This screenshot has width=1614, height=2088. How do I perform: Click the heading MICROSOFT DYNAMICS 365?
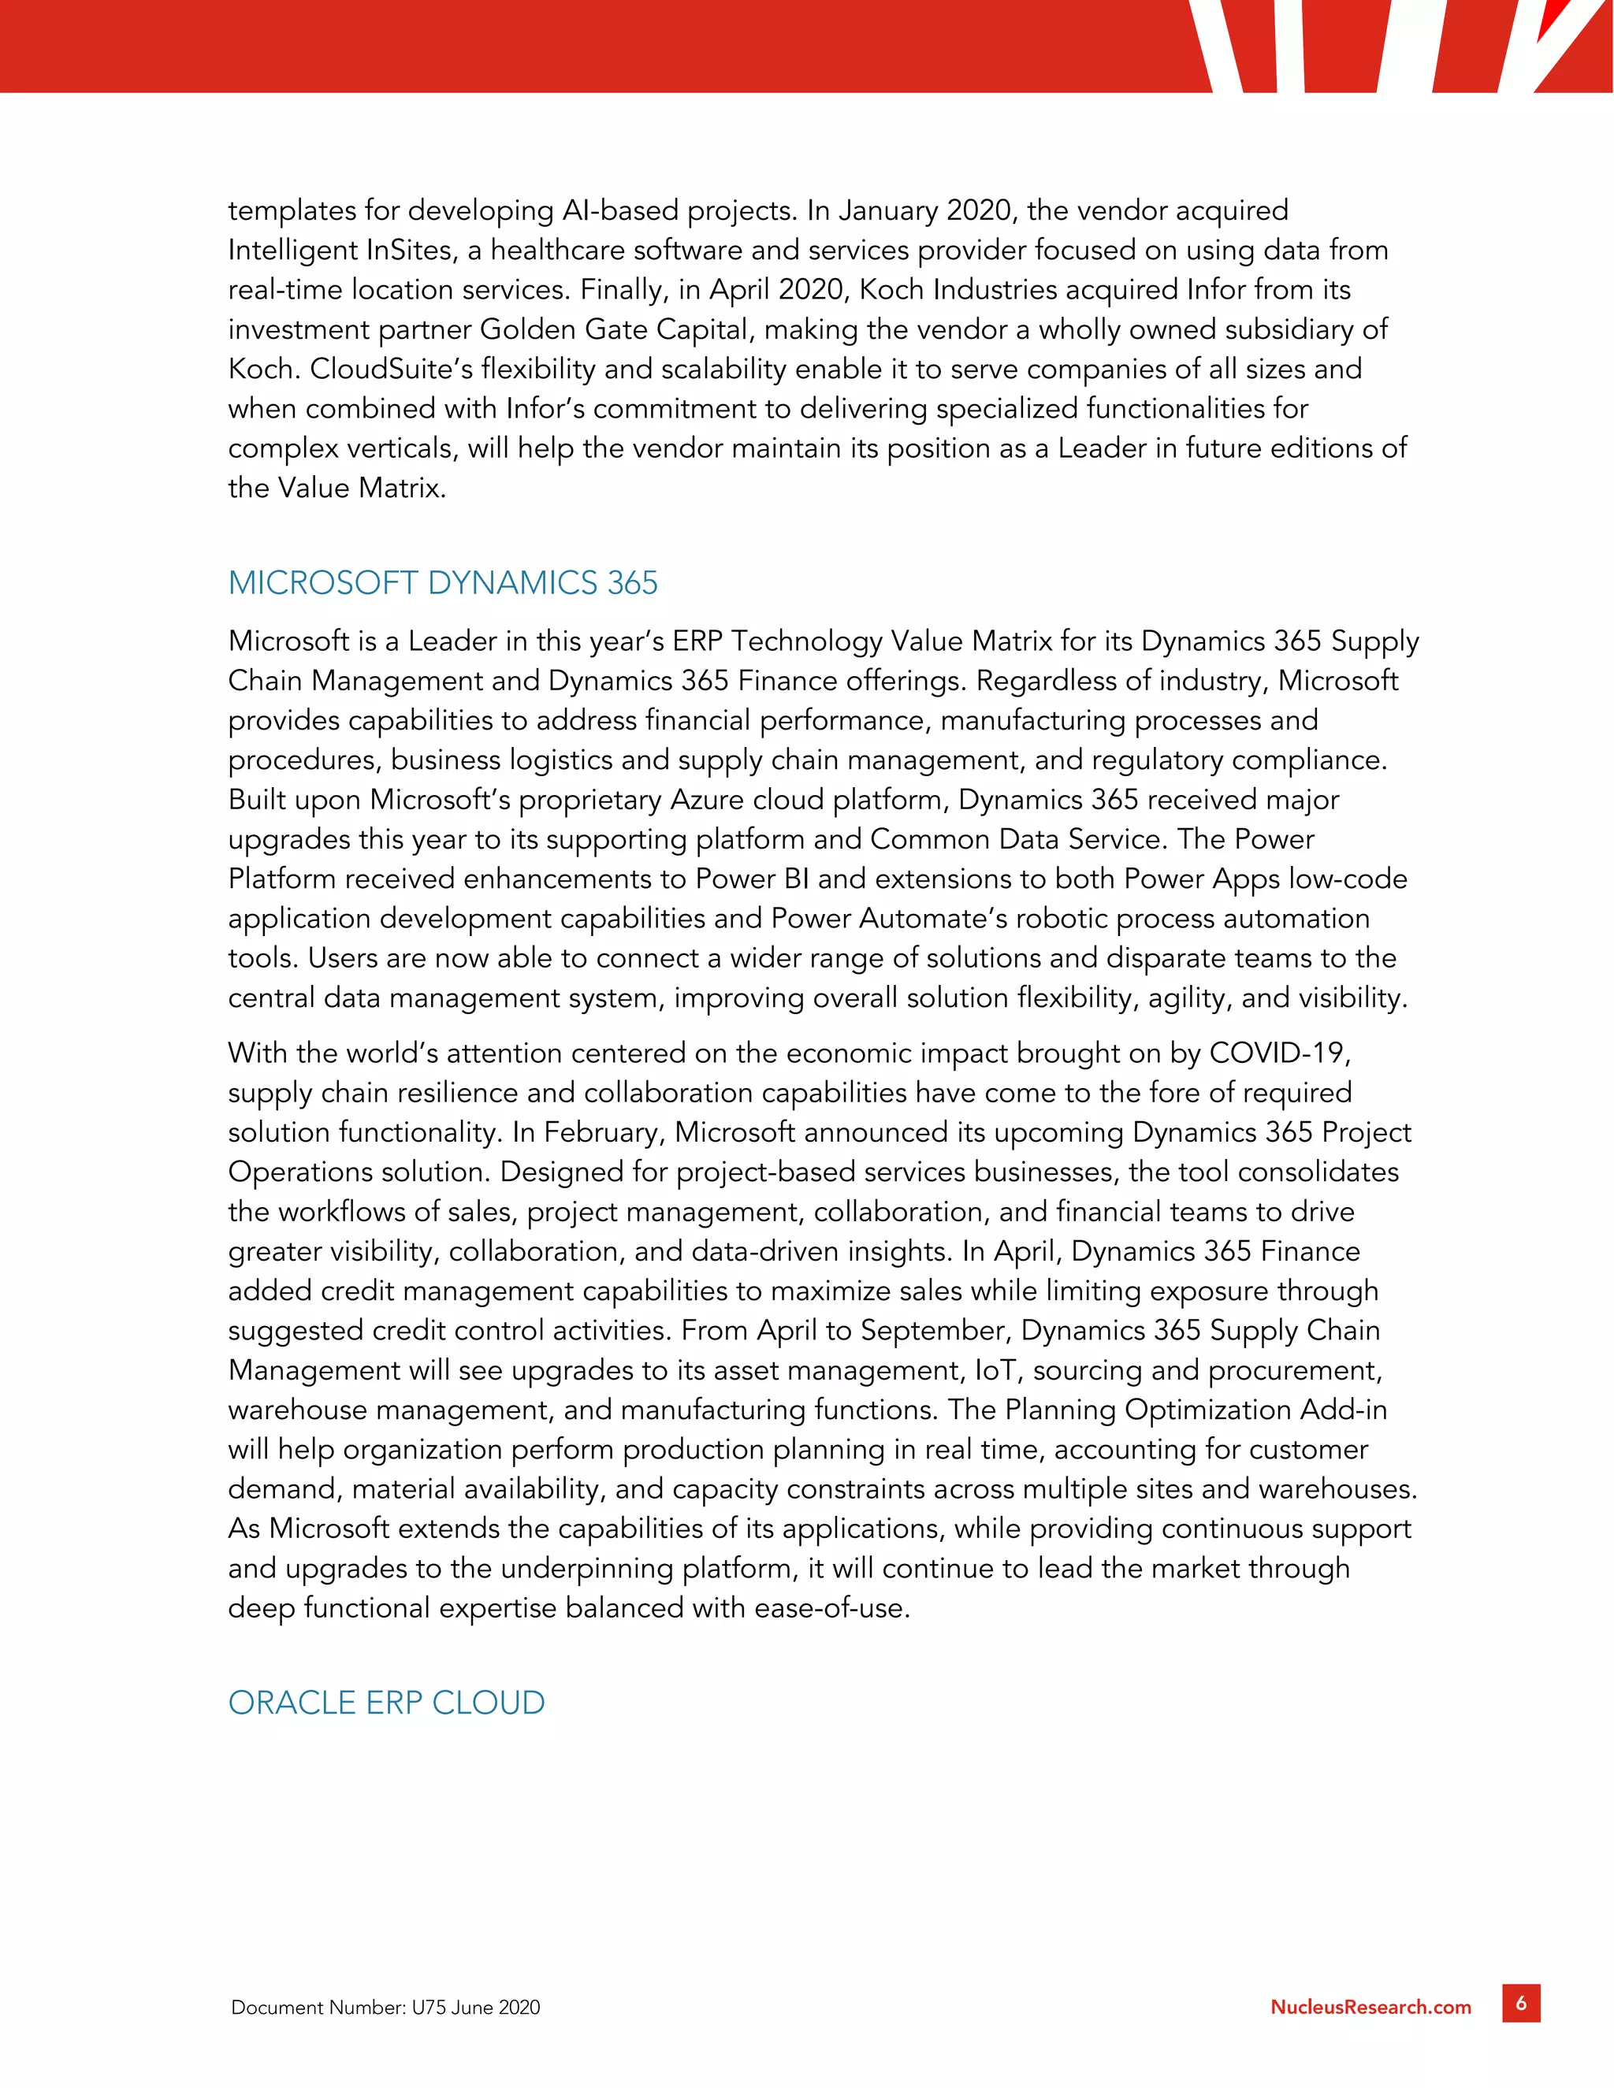point(443,583)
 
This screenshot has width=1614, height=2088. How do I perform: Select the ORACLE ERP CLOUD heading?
point(386,1703)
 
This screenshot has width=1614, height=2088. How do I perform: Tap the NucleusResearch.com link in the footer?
point(1370,2007)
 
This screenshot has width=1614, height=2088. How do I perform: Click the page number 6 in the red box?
point(1521,2003)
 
